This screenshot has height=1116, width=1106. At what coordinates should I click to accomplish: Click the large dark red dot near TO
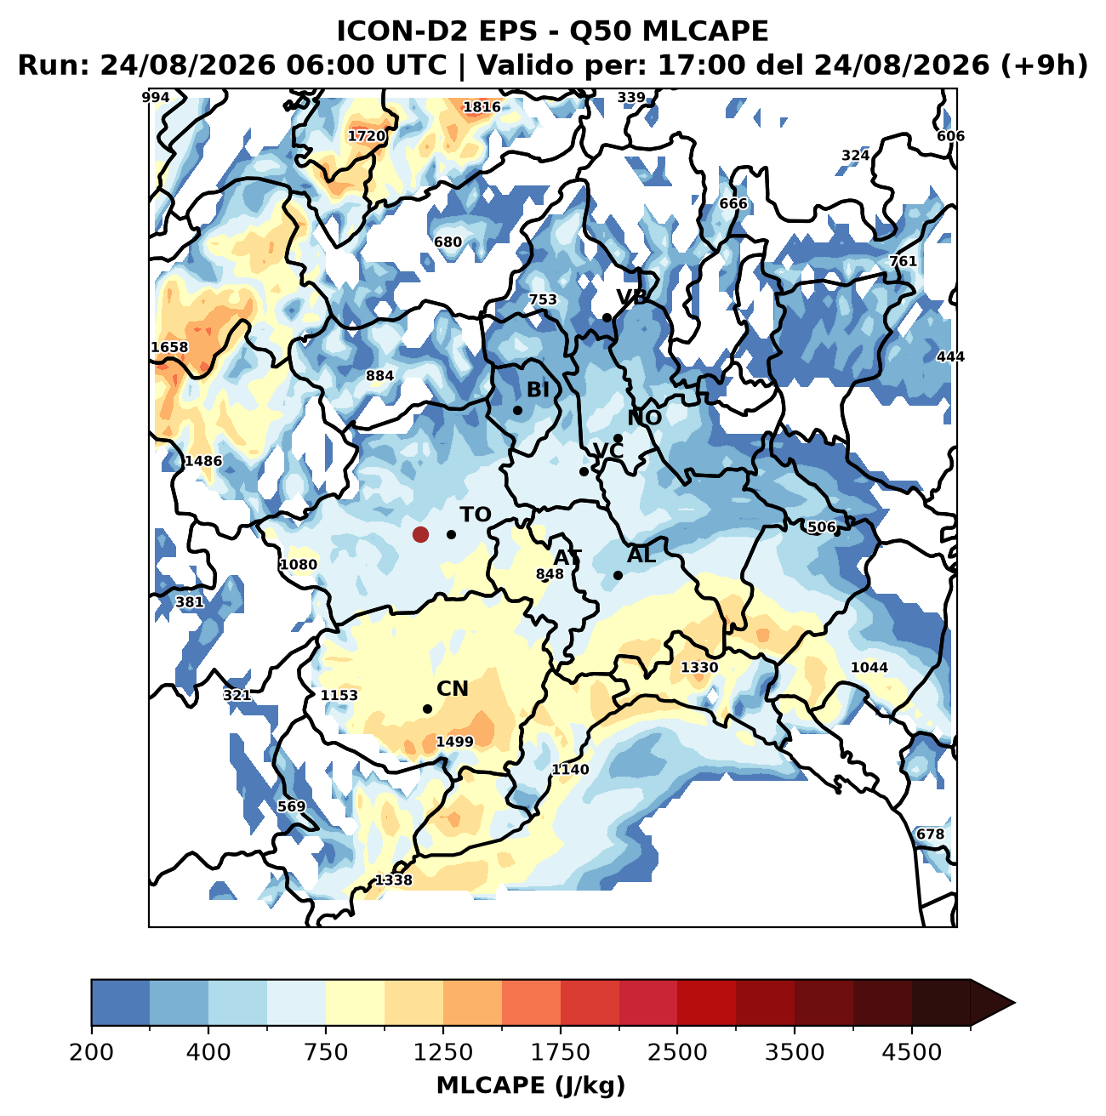pos(420,534)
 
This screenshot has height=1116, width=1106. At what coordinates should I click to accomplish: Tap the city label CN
pos(452,689)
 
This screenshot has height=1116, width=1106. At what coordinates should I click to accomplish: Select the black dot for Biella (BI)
pos(518,410)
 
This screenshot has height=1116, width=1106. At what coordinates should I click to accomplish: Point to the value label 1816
pos(482,106)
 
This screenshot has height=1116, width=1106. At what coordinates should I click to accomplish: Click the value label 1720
pos(366,136)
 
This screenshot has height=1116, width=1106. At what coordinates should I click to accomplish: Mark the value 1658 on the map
pos(169,347)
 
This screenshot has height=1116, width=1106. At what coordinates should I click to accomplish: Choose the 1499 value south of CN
pos(454,741)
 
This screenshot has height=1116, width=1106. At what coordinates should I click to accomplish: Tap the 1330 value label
pos(698,667)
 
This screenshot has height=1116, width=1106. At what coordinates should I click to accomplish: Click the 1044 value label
pos(869,667)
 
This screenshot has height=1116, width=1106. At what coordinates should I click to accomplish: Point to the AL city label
pos(641,555)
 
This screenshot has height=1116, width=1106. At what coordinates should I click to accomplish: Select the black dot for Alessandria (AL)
pos(619,575)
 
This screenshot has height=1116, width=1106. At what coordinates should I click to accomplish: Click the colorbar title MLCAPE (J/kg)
pos(531,1085)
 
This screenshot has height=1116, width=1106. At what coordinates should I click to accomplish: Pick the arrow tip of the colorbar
pos(1014,1003)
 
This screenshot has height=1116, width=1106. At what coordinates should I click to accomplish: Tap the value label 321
pos(237,695)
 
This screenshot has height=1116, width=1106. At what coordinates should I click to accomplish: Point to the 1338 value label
pos(393,880)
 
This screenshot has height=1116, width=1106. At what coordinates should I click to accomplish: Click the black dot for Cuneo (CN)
pos(428,709)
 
